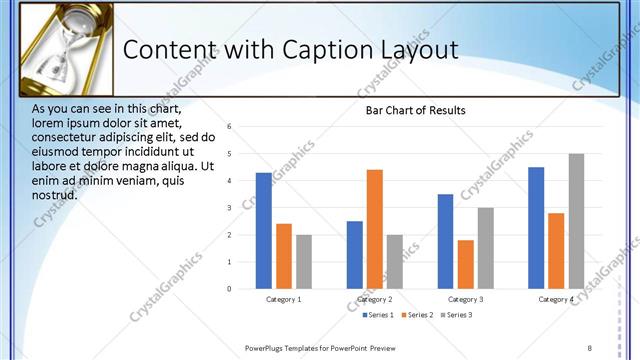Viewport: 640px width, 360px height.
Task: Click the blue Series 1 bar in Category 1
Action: [x=263, y=231]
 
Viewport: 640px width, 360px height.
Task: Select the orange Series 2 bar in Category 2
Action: [x=375, y=229]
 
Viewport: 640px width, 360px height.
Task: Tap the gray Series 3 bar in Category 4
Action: [x=576, y=221]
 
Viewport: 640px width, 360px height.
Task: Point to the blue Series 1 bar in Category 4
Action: [x=536, y=228]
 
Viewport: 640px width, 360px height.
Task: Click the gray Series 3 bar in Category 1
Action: [x=303, y=262]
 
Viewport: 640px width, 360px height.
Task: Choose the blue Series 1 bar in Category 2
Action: [x=355, y=255]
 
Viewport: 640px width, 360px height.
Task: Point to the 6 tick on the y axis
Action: [x=230, y=127]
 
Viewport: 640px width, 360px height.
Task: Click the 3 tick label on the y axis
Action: [x=230, y=208]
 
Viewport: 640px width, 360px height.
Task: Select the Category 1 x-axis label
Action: [x=284, y=299]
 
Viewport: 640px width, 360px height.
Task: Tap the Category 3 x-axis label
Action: [x=465, y=299]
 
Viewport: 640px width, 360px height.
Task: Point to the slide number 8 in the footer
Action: [x=589, y=347]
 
